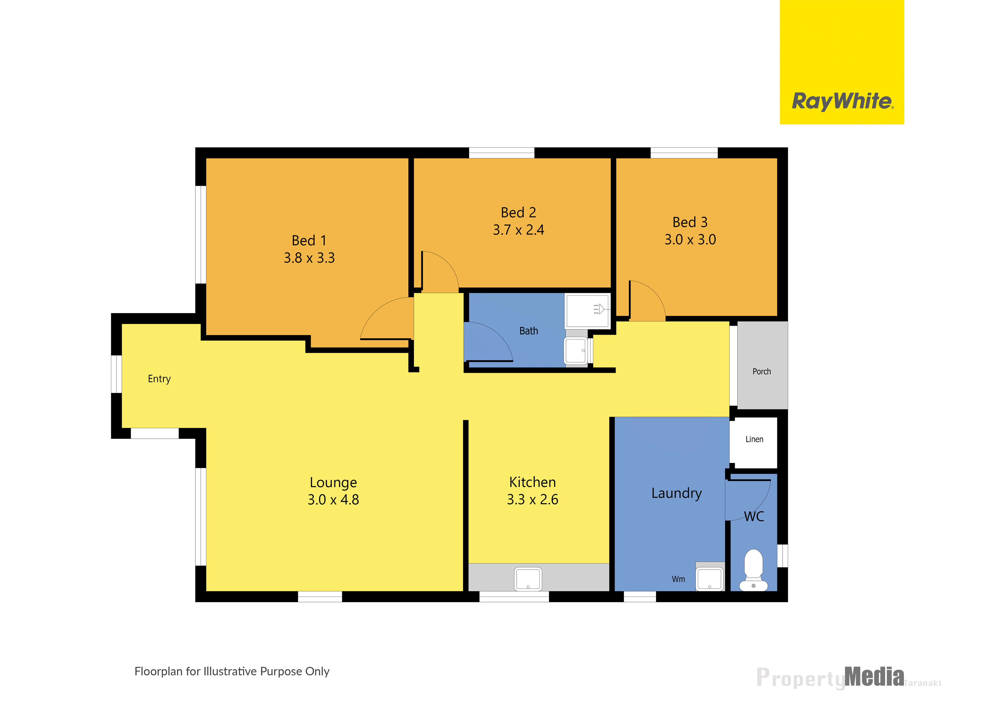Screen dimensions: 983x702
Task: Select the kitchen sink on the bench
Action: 528,579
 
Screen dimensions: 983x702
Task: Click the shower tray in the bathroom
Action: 587,310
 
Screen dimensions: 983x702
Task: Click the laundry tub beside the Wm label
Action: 710,578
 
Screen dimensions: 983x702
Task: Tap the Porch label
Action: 762,371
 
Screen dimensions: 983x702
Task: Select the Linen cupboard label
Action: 754,439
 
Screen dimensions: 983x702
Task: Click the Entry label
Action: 159,379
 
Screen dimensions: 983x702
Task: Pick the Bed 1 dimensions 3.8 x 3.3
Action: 309,258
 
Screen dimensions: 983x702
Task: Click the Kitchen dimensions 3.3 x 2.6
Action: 532,500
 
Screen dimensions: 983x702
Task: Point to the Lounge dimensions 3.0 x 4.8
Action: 333,500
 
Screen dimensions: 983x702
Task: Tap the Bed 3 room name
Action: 690,222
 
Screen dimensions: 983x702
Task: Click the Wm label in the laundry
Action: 678,579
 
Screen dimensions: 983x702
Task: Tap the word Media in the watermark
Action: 874,677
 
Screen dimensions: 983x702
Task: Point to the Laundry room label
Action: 677,494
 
